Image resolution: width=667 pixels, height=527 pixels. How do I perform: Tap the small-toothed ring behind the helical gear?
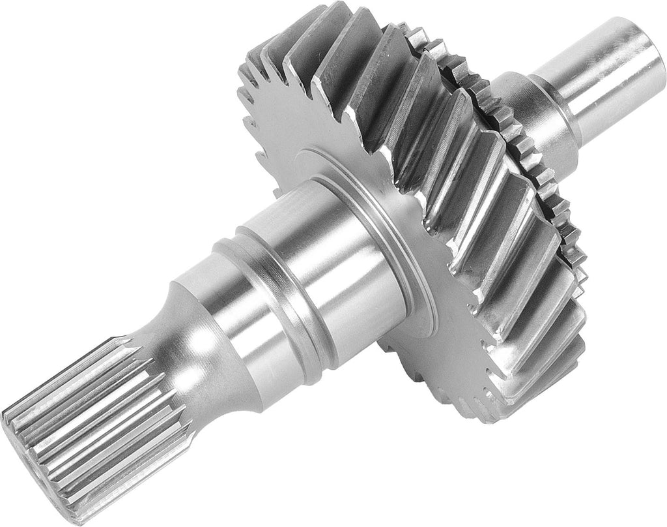click(547, 196)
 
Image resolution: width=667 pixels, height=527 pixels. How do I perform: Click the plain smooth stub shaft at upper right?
click(606, 72)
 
